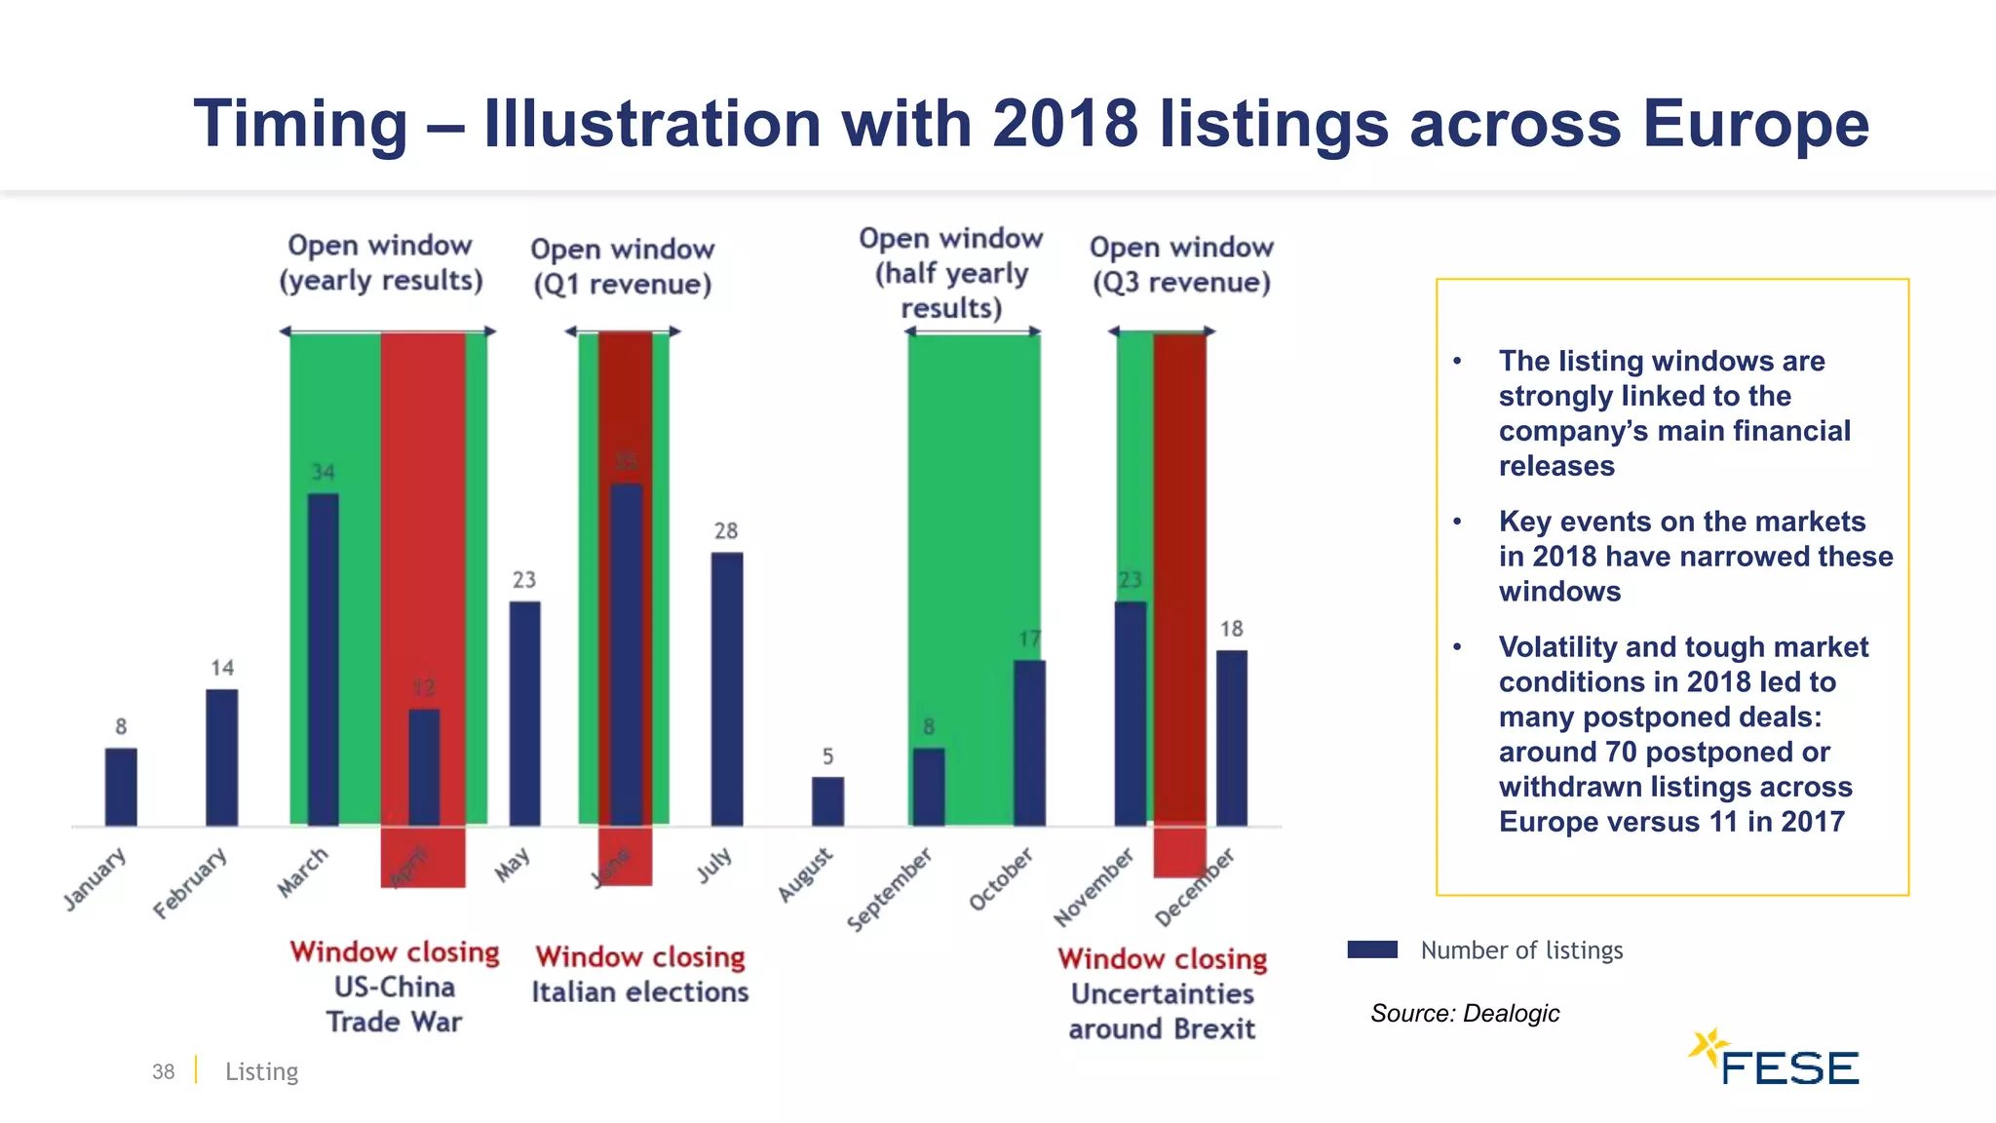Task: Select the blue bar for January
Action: coord(121,787)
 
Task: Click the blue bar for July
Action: coord(726,689)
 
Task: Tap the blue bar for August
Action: coord(827,801)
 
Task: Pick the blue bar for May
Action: coord(524,714)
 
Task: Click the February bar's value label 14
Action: coord(222,668)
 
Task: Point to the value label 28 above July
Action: coord(726,530)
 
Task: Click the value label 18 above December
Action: coord(1231,629)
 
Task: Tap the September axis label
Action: coord(889,889)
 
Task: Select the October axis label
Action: coord(1001,878)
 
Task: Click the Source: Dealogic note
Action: coord(1464,1013)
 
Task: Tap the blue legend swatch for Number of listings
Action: coord(1372,949)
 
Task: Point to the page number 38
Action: coord(163,1071)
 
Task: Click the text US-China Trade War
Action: coord(394,1004)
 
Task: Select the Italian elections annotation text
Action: coord(640,991)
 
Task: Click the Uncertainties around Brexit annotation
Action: coord(1162,1011)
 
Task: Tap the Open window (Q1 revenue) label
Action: coord(622,266)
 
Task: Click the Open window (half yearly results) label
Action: coord(951,273)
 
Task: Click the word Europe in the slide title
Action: coord(1755,124)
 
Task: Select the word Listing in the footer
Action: coord(261,1071)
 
